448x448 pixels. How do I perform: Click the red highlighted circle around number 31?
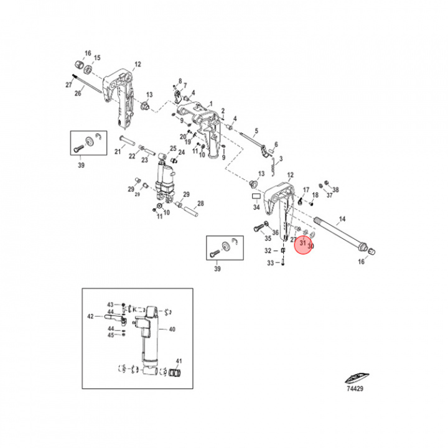point(304,243)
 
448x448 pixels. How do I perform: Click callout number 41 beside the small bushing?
point(179,361)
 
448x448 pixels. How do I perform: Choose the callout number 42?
point(90,316)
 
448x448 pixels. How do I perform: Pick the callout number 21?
point(118,152)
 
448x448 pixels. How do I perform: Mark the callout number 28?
point(200,203)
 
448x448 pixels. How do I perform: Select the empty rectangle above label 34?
point(256,195)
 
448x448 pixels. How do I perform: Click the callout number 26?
point(78,93)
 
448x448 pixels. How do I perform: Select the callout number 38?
point(336,189)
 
